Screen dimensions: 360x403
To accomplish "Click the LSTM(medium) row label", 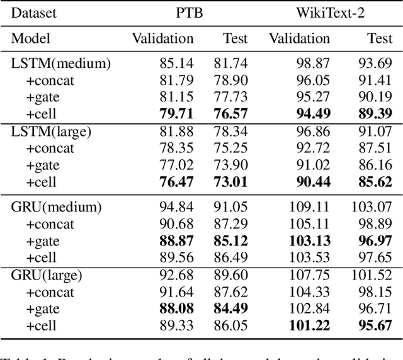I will tap(61, 64).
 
